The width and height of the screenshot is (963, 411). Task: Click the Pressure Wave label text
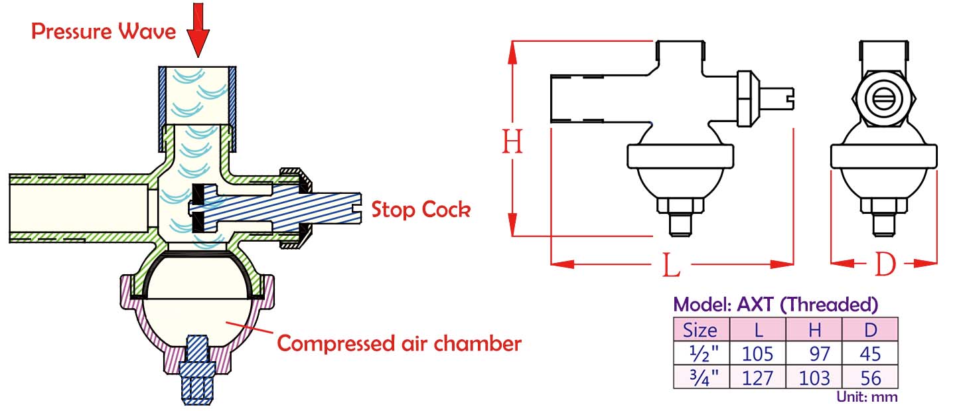point(104,31)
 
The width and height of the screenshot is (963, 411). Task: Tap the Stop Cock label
point(421,210)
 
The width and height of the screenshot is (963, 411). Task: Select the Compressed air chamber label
point(398,343)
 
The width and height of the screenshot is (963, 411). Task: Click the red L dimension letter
point(672,266)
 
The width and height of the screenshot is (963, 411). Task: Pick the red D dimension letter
point(885,265)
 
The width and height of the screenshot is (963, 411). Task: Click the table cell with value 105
point(757,353)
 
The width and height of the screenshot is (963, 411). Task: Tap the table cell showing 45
point(870,353)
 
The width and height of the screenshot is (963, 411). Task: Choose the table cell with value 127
point(757,377)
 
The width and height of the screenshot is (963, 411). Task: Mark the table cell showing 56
point(870,377)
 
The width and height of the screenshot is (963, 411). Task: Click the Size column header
point(701,329)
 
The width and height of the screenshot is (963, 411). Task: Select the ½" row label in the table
point(701,353)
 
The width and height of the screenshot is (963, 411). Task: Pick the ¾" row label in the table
point(701,377)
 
